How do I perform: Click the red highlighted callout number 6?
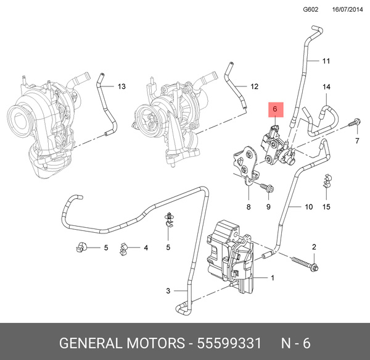[276, 111]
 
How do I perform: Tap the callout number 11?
[326, 61]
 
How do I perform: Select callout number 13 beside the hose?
[121, 86]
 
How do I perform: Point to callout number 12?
[254, 86]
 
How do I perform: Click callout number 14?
[326, 87]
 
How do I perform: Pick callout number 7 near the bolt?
[356, 141]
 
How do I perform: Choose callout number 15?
[326, 206]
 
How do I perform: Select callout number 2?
[313, 247]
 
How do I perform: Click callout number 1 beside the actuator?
[272, 278]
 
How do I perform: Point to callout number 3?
[168, 291]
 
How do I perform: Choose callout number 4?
[146, 248]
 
